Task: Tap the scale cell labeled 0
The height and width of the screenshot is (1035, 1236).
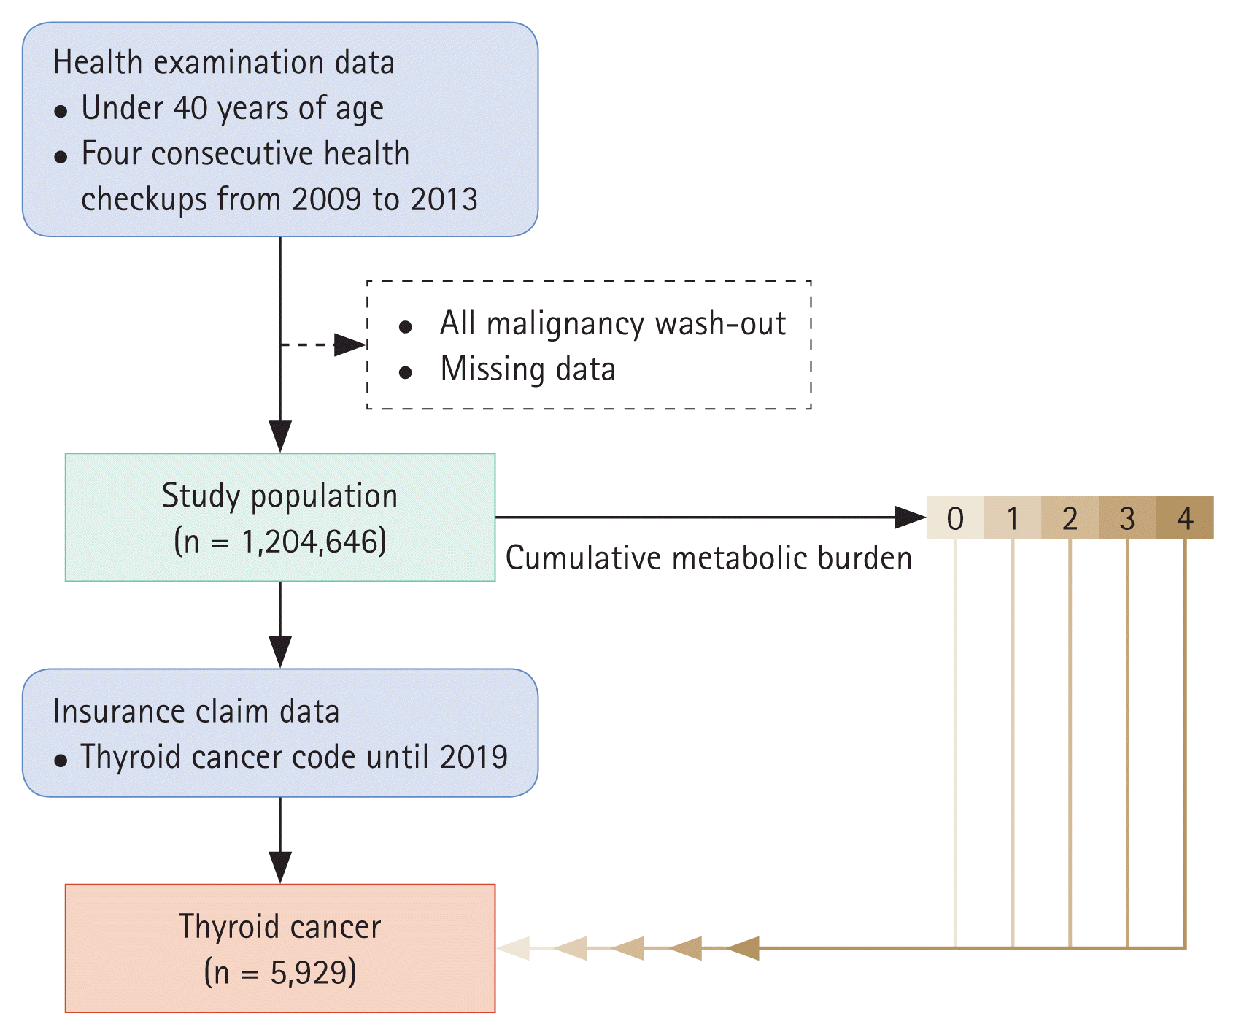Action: (x=955, y=518)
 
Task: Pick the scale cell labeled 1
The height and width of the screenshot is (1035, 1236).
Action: (x=1013, y=518)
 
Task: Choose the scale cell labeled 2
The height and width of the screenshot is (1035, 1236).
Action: (x=1070, y=518)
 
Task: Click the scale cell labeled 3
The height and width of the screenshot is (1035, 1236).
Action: (x=1127, y=518)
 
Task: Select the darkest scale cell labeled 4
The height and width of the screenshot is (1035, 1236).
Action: (x=1185, y=518)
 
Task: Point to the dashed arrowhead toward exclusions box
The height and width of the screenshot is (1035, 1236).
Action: (x=349, y=345)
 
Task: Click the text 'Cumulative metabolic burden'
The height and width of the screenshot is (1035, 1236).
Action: (x=708, y=558)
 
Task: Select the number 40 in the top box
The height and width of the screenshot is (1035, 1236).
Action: (x=190, y=108)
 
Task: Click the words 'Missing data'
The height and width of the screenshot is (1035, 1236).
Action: (x=528, y=369)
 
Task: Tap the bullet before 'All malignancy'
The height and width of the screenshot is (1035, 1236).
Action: (x=406, y=326)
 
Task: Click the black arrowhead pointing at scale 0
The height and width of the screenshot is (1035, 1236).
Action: (x=910, y=517)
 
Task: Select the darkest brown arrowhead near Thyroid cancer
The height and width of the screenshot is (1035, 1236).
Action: (x=743, y=948)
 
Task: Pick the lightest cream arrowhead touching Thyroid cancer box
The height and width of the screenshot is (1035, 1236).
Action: (x=514, y=948)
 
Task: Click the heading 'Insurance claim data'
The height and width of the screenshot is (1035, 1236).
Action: (x=196, y=712)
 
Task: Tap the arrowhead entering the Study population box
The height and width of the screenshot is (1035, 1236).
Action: (x=280, y=436)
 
